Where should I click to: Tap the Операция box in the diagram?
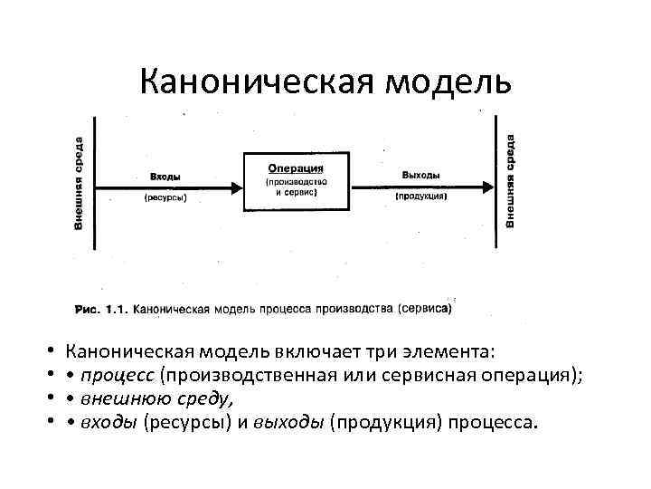[x=296, y=182]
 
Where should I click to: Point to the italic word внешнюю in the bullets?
[x=120, y=398]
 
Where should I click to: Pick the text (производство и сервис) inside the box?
[x=296, y=188]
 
